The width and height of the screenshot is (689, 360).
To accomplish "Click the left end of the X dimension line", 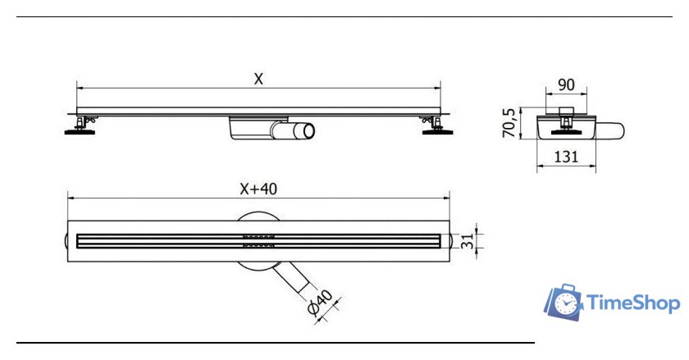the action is (77, 88).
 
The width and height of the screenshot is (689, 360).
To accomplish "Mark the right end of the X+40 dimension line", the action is (449, 198).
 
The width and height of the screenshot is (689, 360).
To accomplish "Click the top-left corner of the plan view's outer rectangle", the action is (67, 221).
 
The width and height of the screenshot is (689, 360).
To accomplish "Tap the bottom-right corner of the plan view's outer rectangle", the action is (449, 262).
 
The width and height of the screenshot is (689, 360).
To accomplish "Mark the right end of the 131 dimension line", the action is (595, 166).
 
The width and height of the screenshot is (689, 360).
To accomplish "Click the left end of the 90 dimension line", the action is (545, 93).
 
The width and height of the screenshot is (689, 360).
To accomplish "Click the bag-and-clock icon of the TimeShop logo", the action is (564, 302).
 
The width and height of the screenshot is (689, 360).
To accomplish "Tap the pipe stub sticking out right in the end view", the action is (610, 131).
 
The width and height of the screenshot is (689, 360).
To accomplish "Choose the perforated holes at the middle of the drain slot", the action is (259, 241).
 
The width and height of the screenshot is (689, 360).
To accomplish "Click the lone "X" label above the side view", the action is (258, 79).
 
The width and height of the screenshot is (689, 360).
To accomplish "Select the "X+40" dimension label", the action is (258, 189).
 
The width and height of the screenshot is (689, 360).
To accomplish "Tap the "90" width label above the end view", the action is (566, 84).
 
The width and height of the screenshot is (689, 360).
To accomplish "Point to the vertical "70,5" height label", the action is (509, 123).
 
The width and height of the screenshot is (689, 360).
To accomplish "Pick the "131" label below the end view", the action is (566, 157).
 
